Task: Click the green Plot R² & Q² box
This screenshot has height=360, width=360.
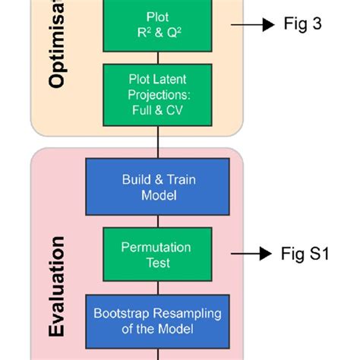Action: pos(157,24)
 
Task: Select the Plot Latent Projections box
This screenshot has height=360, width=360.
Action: pos(157,93)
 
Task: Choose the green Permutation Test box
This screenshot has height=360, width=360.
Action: pos(157,255)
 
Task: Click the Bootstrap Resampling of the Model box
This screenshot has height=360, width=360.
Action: pos(157,321)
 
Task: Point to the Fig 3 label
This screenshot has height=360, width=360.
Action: pos(302,24)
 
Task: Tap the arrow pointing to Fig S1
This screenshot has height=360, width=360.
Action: pos(252,254)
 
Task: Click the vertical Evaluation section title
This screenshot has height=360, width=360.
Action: pos(58,286)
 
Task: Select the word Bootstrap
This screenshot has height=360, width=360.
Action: pos(122,314)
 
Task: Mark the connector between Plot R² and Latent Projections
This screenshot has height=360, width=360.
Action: pos(157,58)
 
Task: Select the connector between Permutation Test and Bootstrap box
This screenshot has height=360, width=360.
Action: pos(157,287)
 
